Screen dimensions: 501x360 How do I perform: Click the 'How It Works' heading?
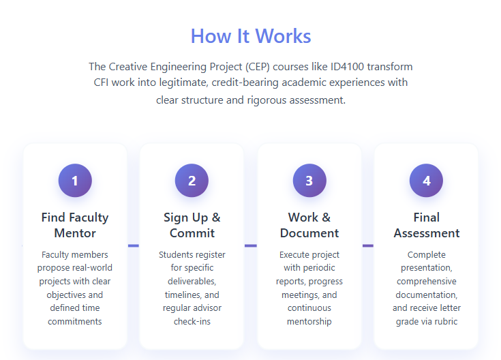tap(251, 36)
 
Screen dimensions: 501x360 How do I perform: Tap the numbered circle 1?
tap(75, 181)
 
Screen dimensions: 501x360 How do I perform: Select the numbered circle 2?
tap(192, 181)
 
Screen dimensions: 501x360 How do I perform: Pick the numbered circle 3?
tap(309, 181)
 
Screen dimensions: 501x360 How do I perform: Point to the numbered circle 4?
tap(426, 181)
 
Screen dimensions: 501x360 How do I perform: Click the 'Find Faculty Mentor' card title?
tap(75, 225)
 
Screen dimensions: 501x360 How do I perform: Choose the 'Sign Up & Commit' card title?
tap(192, 225)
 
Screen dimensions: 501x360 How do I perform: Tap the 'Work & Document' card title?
tap(309, 225)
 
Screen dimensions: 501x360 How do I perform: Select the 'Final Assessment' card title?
tap(427, 225)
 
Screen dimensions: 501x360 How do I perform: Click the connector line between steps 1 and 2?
tap(134, 245)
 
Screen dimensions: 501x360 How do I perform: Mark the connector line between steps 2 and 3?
tap(251, 245)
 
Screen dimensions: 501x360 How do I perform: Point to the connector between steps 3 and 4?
tap(368, 245)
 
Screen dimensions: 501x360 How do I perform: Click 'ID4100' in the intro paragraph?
tap(347, 67)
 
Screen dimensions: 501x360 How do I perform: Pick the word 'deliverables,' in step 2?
tap(192, 282)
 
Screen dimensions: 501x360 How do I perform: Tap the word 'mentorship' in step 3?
tap(309, 321)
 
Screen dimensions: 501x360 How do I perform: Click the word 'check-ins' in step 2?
tap(192, 321)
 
